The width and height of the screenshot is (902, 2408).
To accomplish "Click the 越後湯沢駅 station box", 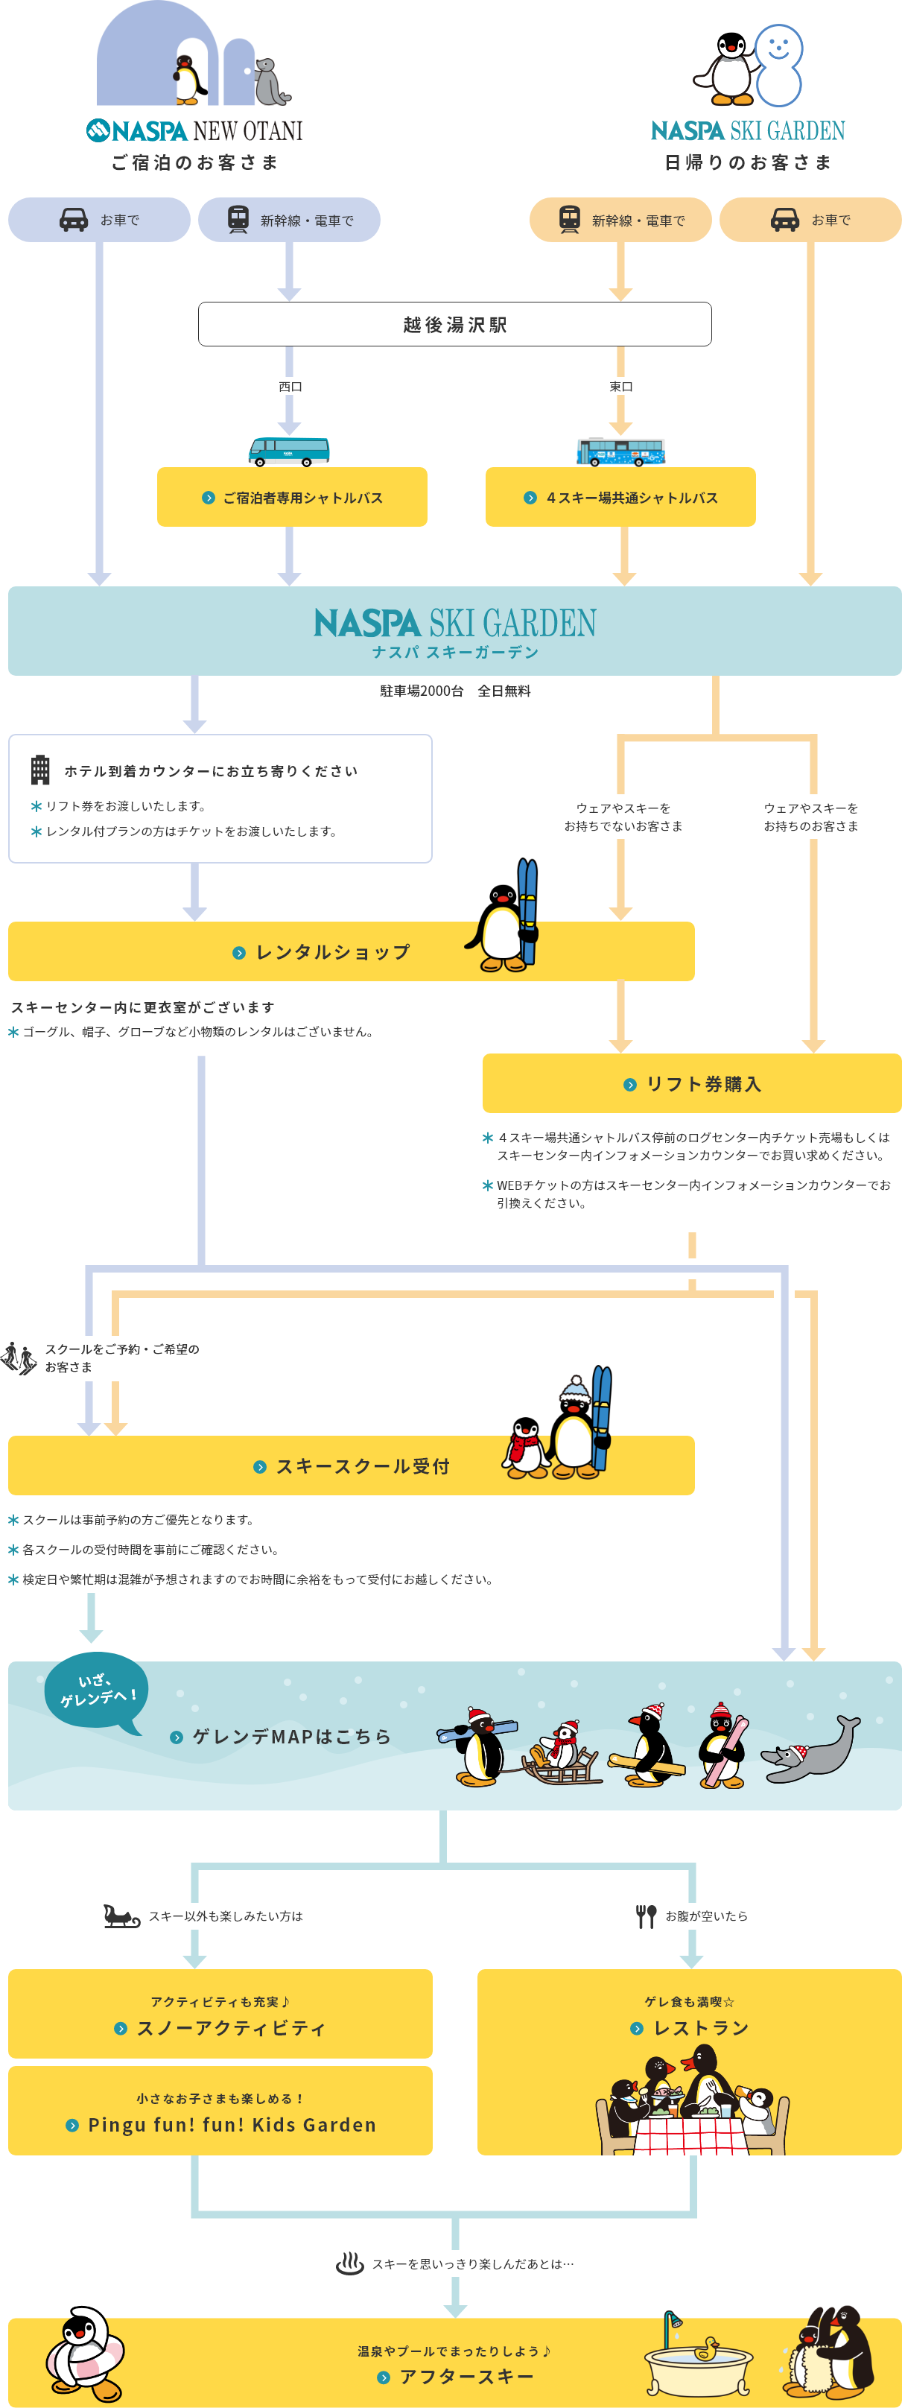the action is point(454,324).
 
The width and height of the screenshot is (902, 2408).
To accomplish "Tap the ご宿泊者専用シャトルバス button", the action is point(292,497).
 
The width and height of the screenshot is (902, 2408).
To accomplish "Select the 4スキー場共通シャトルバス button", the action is point(620,497).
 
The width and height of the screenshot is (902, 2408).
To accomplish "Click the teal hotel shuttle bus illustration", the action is point(289,451).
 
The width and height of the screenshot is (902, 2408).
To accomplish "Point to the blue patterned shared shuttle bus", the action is point(620,451).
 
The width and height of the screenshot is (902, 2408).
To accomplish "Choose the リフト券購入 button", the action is point(692,1083).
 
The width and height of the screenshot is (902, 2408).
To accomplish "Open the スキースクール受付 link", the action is point(352,1466).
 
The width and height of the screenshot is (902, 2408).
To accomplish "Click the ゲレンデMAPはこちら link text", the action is point(290,1736).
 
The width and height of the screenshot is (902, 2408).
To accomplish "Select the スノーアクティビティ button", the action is point(220,2014).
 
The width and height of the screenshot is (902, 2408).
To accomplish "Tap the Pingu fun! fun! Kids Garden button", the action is point(220,2111).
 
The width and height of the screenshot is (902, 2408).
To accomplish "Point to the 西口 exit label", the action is point(290,386).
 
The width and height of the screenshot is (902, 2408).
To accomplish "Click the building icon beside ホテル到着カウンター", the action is point(40,770).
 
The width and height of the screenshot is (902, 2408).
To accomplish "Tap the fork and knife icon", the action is point(646,1916).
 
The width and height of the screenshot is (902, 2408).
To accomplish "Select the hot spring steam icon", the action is point(349,2263).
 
